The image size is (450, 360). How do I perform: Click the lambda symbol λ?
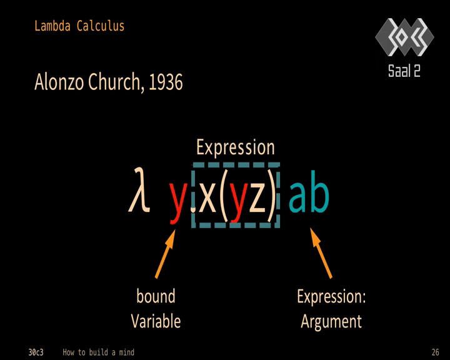[x=139, y=190]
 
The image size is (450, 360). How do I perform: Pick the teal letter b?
[x=319, y=191]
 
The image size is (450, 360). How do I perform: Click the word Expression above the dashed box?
[x=236, y=148]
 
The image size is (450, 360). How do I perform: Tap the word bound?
[x=156, y=296]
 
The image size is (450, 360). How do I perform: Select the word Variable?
[x=156, y=321]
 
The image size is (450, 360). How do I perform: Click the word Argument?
[x=331, y=322]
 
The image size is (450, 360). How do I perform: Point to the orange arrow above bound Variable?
[x=165, y=254]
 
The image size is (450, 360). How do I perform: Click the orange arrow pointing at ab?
[x=321, y=253]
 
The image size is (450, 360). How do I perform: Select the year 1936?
[x=166, y=82]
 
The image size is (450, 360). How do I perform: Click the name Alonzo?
[x=59, y=82]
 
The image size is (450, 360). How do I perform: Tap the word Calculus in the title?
[x=101, y=26]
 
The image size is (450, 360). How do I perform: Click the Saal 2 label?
[x=404, y=71]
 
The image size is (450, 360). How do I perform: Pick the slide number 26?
[x=435, y=352]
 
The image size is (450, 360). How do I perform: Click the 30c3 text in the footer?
[x=36, y=352]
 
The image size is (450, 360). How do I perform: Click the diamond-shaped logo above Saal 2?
[x=404, y=37]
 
